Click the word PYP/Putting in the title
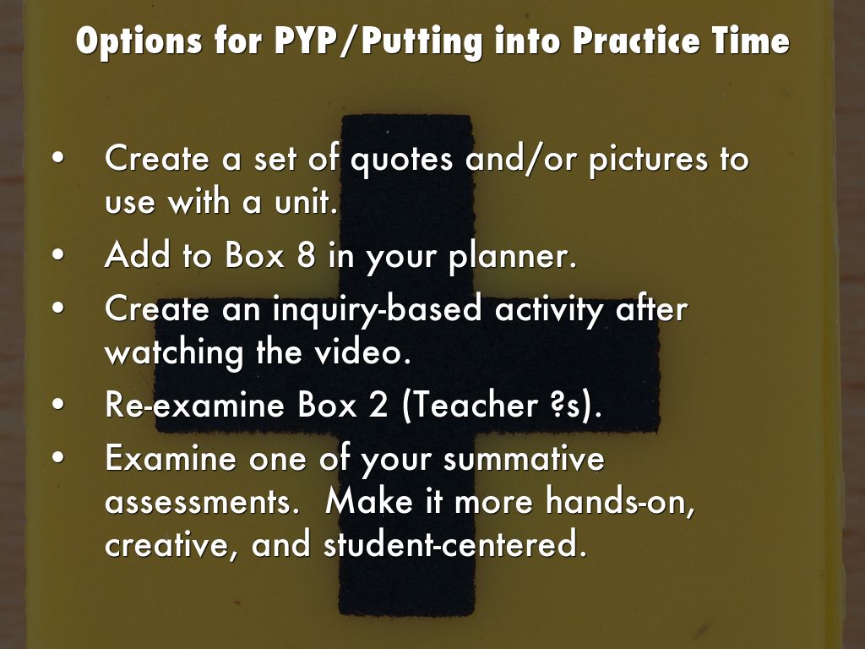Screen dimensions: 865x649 pyautogui.click(x=378, y=41)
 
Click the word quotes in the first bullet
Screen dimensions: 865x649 pyautogui.click(x=401, y=160)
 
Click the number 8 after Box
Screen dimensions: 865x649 pyautogui.click(x=306, y=255)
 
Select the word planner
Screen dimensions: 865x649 pyautogui.click(x=513, y=257)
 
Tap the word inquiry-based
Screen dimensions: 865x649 pyautogui.click(x=378, y=309)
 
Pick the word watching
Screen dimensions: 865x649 pyautogui.click(x=174, y=353)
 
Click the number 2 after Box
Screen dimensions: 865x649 pyautogui.click(x=378, y=405)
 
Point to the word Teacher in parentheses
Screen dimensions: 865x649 pyautogui.click(x=470, y=405)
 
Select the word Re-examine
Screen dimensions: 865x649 pyautogui.click(x=195, y=405)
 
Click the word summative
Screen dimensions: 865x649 pyautogui.click(x=524, y=458)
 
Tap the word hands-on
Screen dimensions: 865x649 pyautogui.click(x=621, y=502)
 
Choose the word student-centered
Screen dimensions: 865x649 pyautogui.click(x=454, y=543)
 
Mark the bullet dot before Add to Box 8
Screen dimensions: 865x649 pyautogui.click(x=58, y=256)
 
